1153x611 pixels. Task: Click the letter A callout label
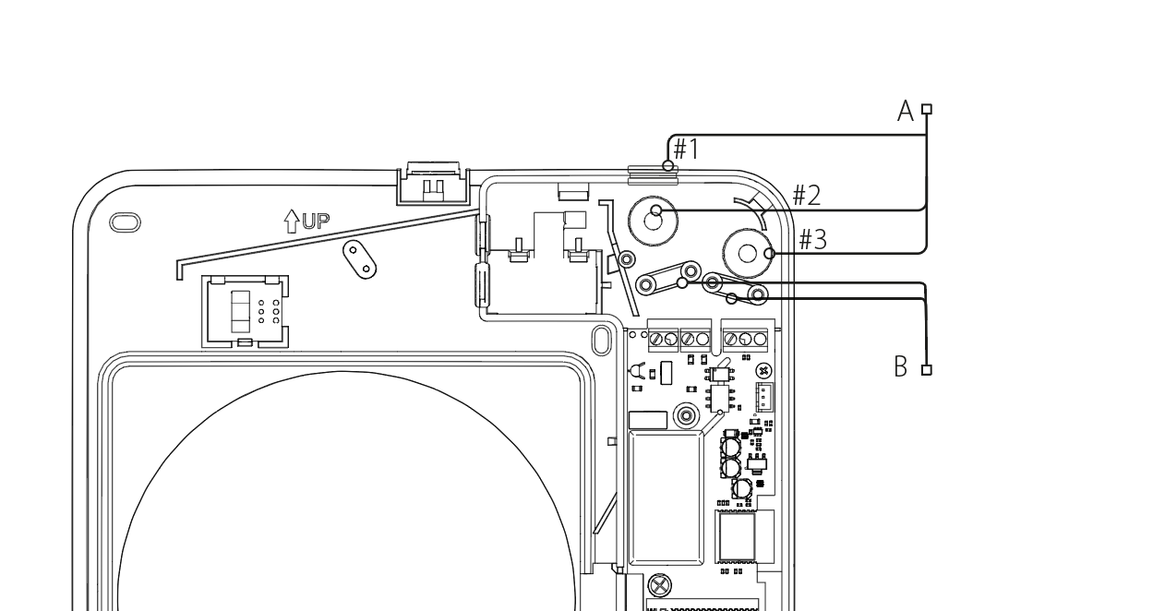906,112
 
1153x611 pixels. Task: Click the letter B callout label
903,368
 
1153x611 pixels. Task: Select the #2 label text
807,195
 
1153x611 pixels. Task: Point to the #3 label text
813,239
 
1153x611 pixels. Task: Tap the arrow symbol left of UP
292,221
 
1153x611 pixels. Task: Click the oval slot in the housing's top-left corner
126,222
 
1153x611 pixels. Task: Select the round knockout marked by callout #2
654,219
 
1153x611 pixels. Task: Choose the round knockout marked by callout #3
749,252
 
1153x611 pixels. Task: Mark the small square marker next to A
927,109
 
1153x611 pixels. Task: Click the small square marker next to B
927,369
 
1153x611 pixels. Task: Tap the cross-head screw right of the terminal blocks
763,369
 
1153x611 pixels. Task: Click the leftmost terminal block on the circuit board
663,339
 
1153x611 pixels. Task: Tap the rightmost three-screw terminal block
745,339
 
